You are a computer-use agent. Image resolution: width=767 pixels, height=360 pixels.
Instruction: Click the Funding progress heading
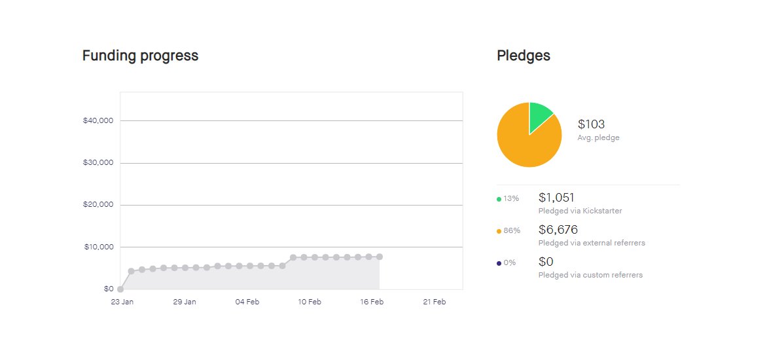click(x=140, y=56)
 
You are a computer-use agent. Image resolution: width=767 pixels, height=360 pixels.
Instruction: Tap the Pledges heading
click(x=524, y=56)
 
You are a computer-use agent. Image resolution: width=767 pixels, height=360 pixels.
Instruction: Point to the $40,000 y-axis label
click(x=98, y=120)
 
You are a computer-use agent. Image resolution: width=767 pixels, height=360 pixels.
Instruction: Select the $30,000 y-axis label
click(x=98, y=163)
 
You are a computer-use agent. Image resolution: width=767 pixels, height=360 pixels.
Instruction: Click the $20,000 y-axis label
click(x=98, y=205)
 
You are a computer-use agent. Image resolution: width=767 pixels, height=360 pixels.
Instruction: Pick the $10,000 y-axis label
click(x=98, y=247)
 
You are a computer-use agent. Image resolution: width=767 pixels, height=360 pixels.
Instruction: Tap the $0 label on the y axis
click(x=107, y=289)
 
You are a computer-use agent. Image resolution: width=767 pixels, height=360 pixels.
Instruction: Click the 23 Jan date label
click(x=122, y=302)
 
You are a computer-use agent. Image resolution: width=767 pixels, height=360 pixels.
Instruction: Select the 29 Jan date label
click(x=185, y=302)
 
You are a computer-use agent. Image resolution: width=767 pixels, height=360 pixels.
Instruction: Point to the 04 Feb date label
click(x=247, y=302)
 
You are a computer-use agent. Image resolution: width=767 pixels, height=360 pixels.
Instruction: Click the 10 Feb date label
click(x=310, y=302)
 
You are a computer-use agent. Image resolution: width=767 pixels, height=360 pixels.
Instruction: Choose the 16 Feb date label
click(x=372, y=302)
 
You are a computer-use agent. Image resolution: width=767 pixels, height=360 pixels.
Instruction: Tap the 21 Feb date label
click(x=435, y=302)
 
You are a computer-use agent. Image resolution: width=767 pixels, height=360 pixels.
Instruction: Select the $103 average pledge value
click(x=592, y=124)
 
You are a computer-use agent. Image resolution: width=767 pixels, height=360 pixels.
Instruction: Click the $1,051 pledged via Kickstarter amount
click(x=556, y=198)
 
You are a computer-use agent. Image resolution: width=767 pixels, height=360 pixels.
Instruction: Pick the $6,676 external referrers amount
click(x=558, y=230)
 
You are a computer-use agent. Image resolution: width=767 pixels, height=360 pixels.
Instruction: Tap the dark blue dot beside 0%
click(x=499, y=263)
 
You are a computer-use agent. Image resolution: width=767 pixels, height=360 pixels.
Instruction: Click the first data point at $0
click(x=120, y=289)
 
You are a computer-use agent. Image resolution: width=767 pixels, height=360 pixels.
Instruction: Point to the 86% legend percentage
click(x=512, y=230)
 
